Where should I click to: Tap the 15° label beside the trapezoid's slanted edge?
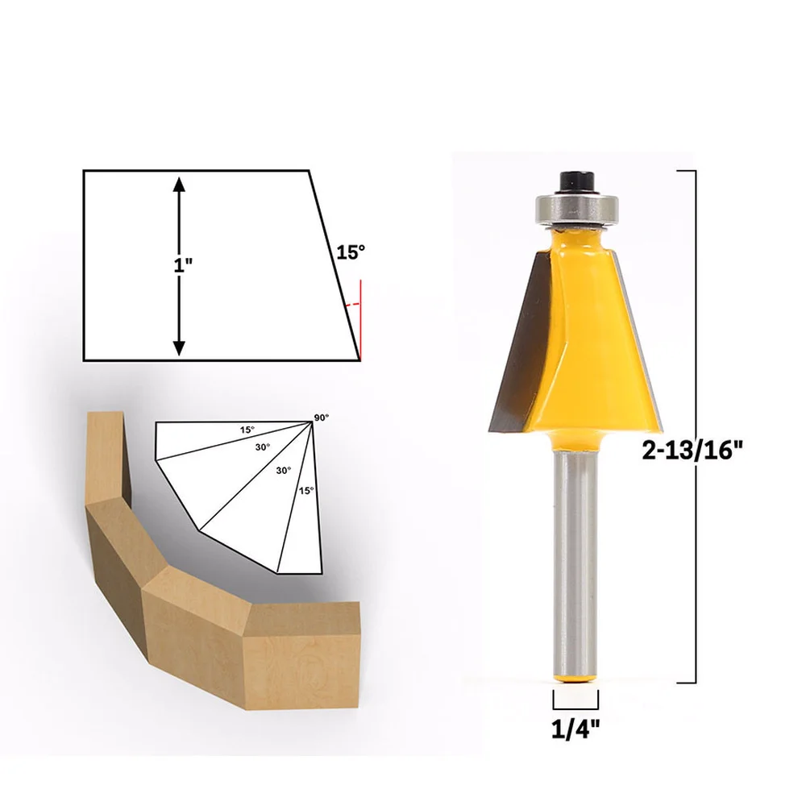351,252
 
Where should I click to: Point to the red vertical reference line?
361,318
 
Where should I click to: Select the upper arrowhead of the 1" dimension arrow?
179,185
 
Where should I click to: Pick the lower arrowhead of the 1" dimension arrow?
179,347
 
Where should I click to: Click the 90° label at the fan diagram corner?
322,417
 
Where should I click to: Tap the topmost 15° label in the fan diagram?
247,430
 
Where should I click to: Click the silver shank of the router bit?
575,564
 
